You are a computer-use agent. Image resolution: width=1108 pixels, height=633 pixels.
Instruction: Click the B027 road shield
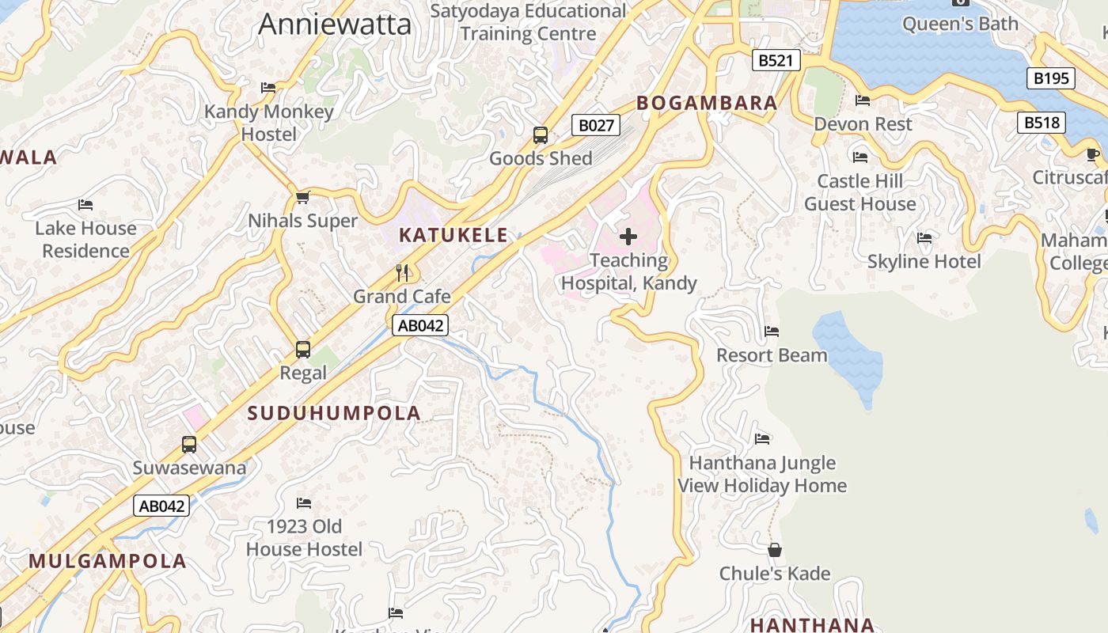tap(595, 125)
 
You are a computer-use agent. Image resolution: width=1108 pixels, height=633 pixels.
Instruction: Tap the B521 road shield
tap(776, 60)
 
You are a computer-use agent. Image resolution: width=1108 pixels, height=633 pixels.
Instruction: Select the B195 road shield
tap(1051, 78)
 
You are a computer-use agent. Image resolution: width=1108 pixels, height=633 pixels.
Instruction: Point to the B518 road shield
tap(1041, 122)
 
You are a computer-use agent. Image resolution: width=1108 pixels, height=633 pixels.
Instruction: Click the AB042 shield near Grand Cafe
tap(420, 325)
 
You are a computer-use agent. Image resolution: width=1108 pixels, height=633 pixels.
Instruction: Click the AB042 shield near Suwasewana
tap(161, 506)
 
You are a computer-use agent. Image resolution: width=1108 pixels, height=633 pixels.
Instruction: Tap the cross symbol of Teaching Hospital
tap(628, 236)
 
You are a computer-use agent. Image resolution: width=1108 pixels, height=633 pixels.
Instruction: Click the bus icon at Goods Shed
tap(541, 135)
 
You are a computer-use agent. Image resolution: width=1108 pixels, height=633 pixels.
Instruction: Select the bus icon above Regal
tap(302, 349)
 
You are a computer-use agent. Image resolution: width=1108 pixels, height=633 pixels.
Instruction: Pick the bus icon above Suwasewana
tap(189, 444)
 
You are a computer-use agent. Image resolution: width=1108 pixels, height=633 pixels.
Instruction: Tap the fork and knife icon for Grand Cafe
tap(402, 273)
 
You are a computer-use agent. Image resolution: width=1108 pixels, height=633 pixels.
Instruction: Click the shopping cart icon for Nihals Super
tap(302, 197)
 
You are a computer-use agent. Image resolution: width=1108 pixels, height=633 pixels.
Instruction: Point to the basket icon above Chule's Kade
tap(775, 550)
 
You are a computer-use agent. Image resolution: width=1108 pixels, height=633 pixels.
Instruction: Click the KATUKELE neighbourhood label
tap(453, 235)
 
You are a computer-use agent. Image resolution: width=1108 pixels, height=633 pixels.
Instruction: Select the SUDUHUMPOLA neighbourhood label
tap(334, 413)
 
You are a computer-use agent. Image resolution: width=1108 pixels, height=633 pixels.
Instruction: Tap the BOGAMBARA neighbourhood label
tap(707, 103)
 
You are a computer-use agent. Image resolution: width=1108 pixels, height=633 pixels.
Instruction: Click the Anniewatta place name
tap(335, 24)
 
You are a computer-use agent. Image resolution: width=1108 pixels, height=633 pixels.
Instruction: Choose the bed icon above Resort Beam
tap(772, 332)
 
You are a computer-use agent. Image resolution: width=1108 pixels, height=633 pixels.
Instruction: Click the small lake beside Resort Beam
tap(849, 352)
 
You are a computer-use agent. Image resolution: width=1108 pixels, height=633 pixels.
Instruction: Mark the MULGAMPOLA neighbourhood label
tap(108, 561)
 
